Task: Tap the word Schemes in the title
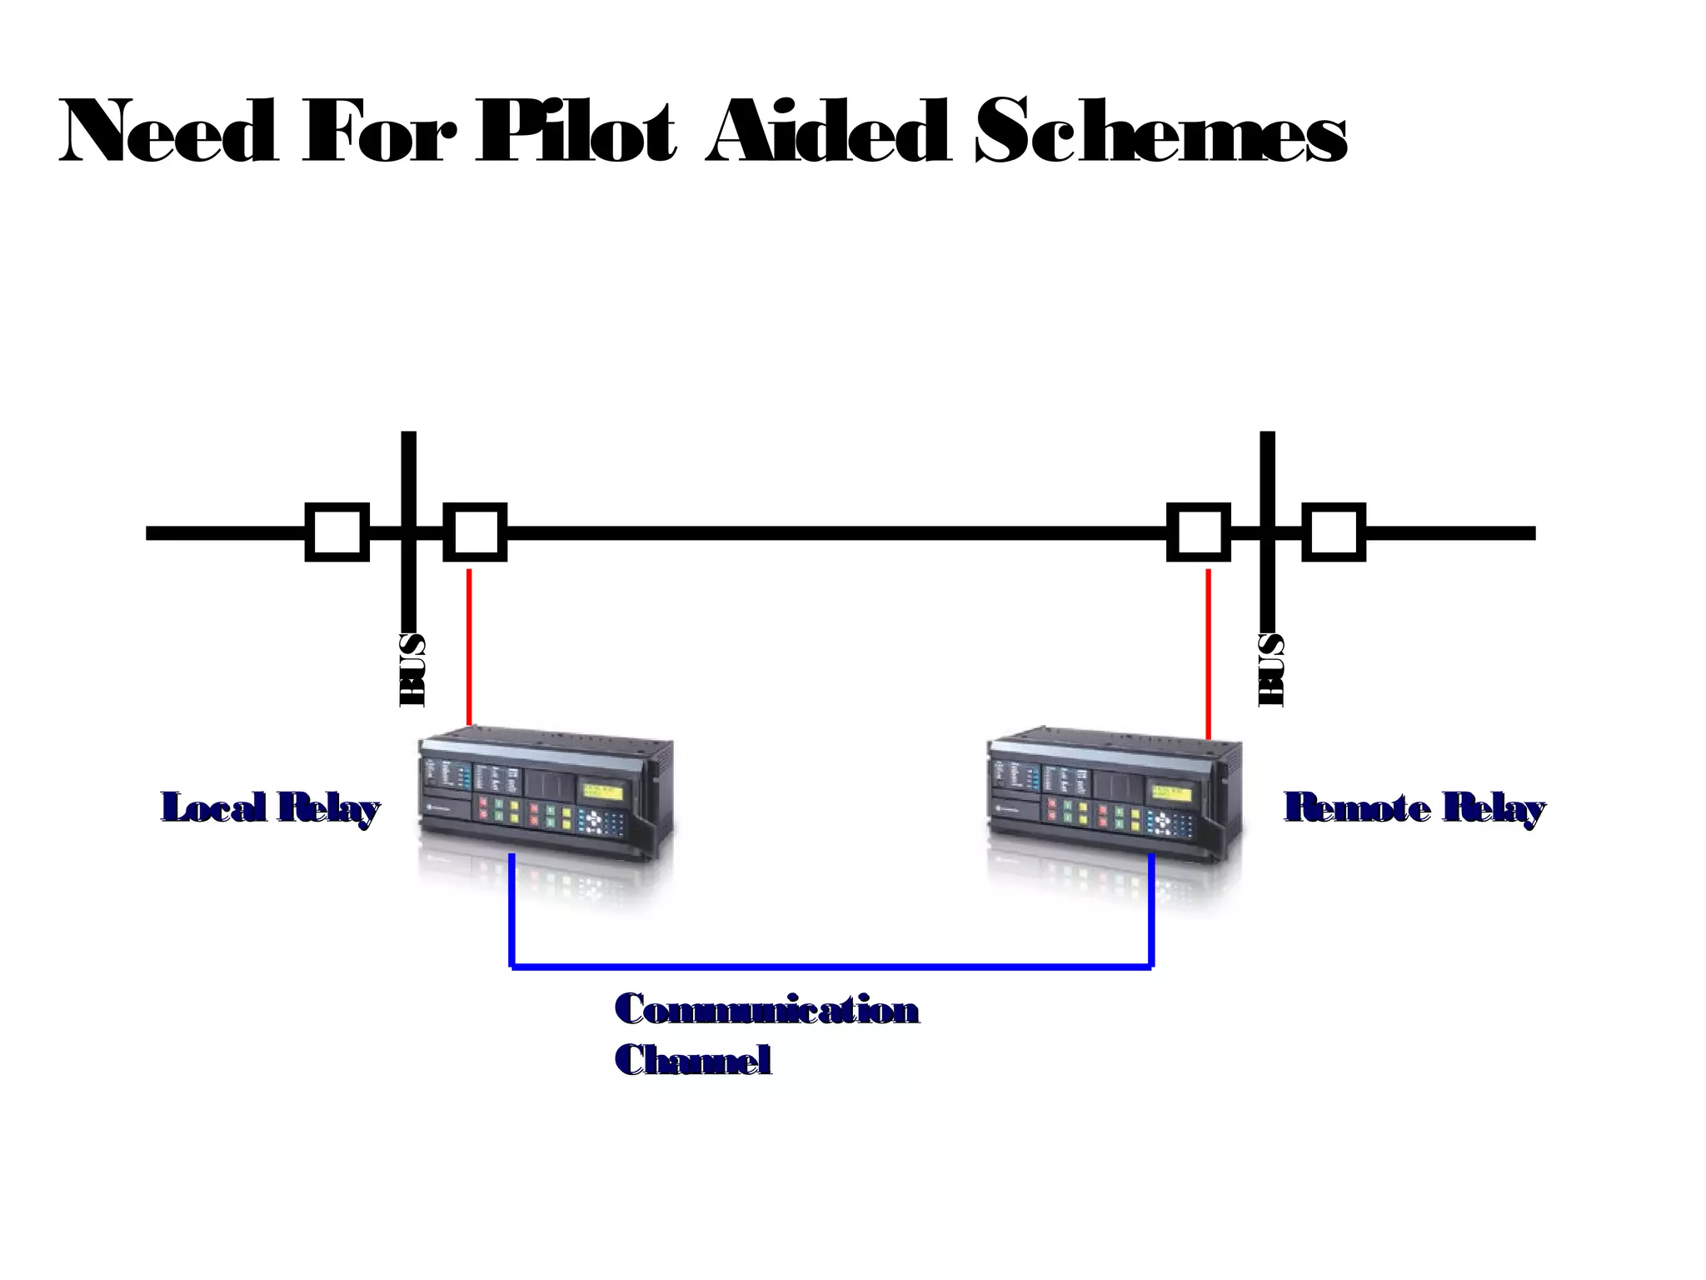coord(1160,132)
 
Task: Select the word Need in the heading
coord(167,132)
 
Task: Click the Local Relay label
coord(270,807)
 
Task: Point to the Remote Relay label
coord(1414,807)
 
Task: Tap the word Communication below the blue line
coord(766,1009)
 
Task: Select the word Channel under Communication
coord(692,1060)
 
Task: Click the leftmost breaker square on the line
coord(337,532)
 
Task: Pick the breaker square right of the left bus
coord(475,532)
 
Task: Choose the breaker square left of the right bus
coord(1199,532)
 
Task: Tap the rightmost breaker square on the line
coord(1334,532)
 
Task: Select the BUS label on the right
coord(1271,670)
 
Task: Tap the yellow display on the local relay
coord(602,792)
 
